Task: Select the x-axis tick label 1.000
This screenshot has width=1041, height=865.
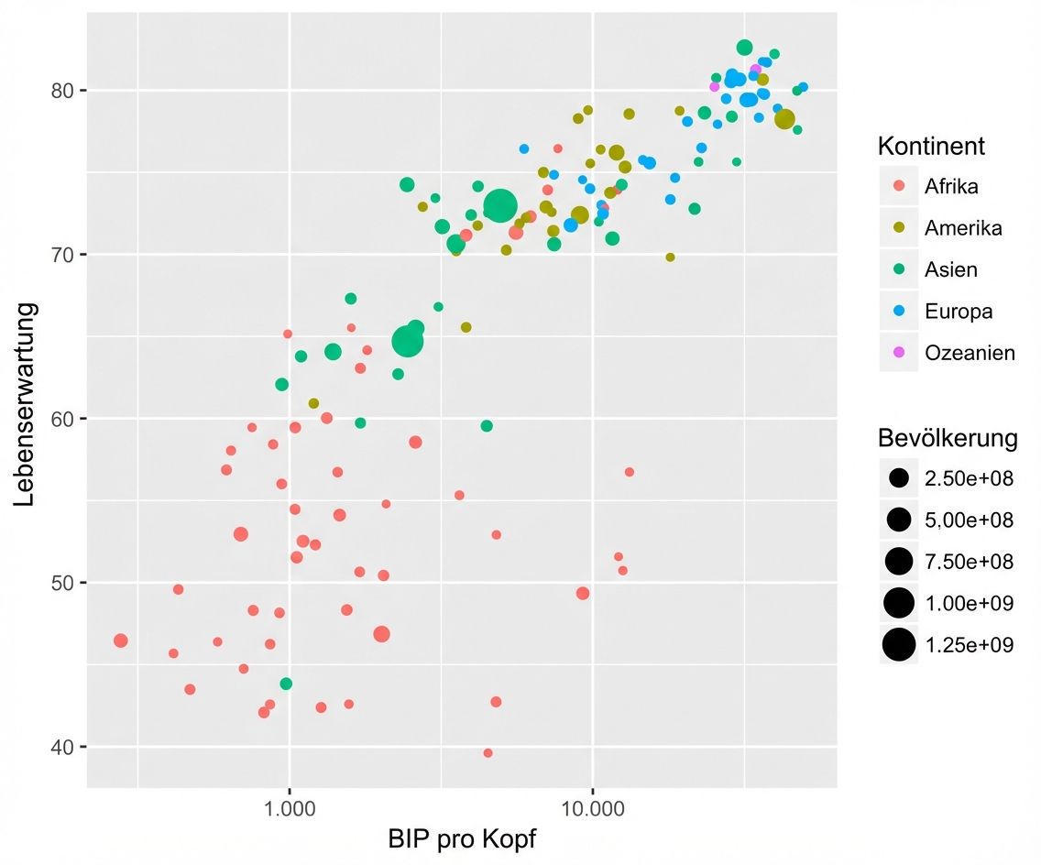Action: click(290, 810)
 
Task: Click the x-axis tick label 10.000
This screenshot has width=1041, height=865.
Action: click(592, 810)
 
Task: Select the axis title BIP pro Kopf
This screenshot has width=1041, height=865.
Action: click(462, 839)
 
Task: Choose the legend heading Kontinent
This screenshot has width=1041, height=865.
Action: click(931, 146)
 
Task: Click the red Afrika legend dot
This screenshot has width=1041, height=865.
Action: click(899, 186)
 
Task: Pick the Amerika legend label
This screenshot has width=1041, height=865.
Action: click(963, 228)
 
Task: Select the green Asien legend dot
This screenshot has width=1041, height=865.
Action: click(899, 269)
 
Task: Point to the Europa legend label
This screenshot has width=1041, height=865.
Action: click(959, 312)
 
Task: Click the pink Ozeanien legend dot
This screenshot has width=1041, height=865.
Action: click(899, 353)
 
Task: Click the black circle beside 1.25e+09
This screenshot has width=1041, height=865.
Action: click(899, 645)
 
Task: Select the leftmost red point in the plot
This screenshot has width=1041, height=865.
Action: click(120, 641)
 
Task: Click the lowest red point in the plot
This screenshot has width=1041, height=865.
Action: click(488, 753)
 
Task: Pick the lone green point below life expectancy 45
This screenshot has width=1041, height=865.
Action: click(286, 684)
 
